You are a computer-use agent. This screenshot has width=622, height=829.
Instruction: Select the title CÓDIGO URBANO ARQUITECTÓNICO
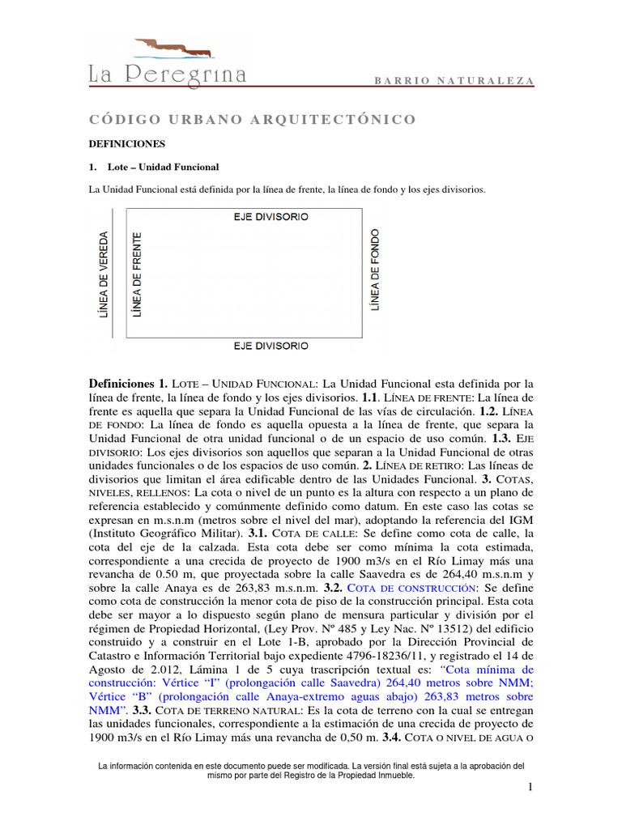point(252,120)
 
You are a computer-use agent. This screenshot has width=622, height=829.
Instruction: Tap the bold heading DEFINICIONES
point(126,143)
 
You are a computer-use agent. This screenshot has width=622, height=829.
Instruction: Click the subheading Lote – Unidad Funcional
point(158,167)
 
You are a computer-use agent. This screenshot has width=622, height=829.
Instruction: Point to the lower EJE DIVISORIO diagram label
point(271,346)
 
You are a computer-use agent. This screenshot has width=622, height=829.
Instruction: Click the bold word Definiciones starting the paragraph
point(121,383)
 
